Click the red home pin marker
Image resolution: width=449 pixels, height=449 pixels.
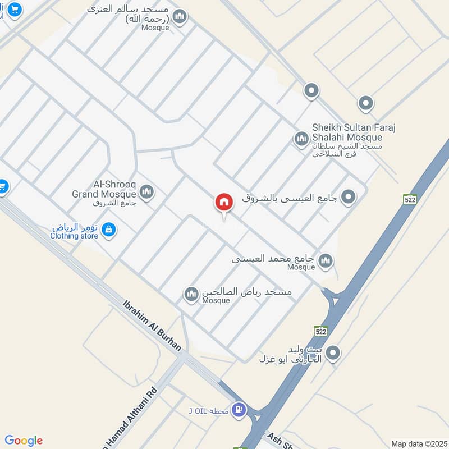[224, 203]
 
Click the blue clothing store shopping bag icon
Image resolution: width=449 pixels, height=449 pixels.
[109, 230]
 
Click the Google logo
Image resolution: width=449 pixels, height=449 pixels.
[23, 441]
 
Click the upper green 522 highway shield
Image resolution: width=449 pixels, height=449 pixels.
[410, 199]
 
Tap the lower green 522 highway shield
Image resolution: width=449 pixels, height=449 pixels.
[320, 331]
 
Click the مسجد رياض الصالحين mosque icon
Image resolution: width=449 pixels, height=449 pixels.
[192, 294]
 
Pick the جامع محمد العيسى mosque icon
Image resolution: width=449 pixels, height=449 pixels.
[326, 261]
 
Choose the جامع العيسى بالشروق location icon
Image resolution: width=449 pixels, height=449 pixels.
[349, 197]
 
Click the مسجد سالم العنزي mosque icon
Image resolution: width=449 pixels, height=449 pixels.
[180, 17]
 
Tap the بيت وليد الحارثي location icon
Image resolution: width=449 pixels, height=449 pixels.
[333, 353]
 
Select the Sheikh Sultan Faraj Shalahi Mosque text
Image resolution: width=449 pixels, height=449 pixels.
[354, 132]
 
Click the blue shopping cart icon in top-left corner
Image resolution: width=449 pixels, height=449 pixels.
[14, 9]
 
